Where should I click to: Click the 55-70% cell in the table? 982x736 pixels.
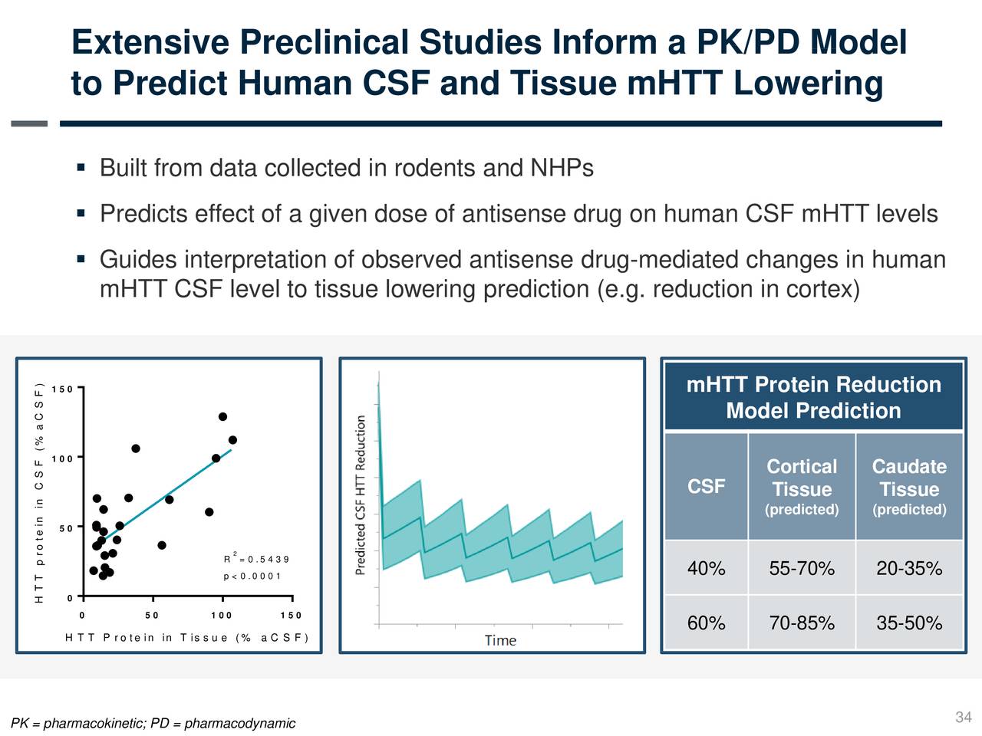click(802, 568)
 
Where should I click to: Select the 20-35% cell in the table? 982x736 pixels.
click(909, 568)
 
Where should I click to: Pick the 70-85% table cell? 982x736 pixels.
click(802, 623)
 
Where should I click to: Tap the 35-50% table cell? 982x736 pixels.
click(909, 623)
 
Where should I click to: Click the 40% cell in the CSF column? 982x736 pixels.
click(706, 568)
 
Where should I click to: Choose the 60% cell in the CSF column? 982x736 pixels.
click(706, 623)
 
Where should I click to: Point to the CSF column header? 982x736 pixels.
click(706, 486)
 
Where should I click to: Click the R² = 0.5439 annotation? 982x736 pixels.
click(256, 559)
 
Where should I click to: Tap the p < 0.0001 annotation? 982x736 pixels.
click(252, 576)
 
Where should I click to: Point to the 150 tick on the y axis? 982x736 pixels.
click(62, 389)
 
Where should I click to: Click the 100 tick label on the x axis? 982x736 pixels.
click(221, 616)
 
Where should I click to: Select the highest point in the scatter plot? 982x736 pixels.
click(222, 416)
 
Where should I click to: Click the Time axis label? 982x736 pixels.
click(500, 640)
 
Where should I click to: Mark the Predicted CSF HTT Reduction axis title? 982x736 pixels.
click(361, 495)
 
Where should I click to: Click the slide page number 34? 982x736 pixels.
click(963, 717)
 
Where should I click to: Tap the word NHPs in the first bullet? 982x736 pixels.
click(562, 168)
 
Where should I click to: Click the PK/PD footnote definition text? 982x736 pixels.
click(153, 724)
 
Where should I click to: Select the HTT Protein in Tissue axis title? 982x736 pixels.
click(187, 638)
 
